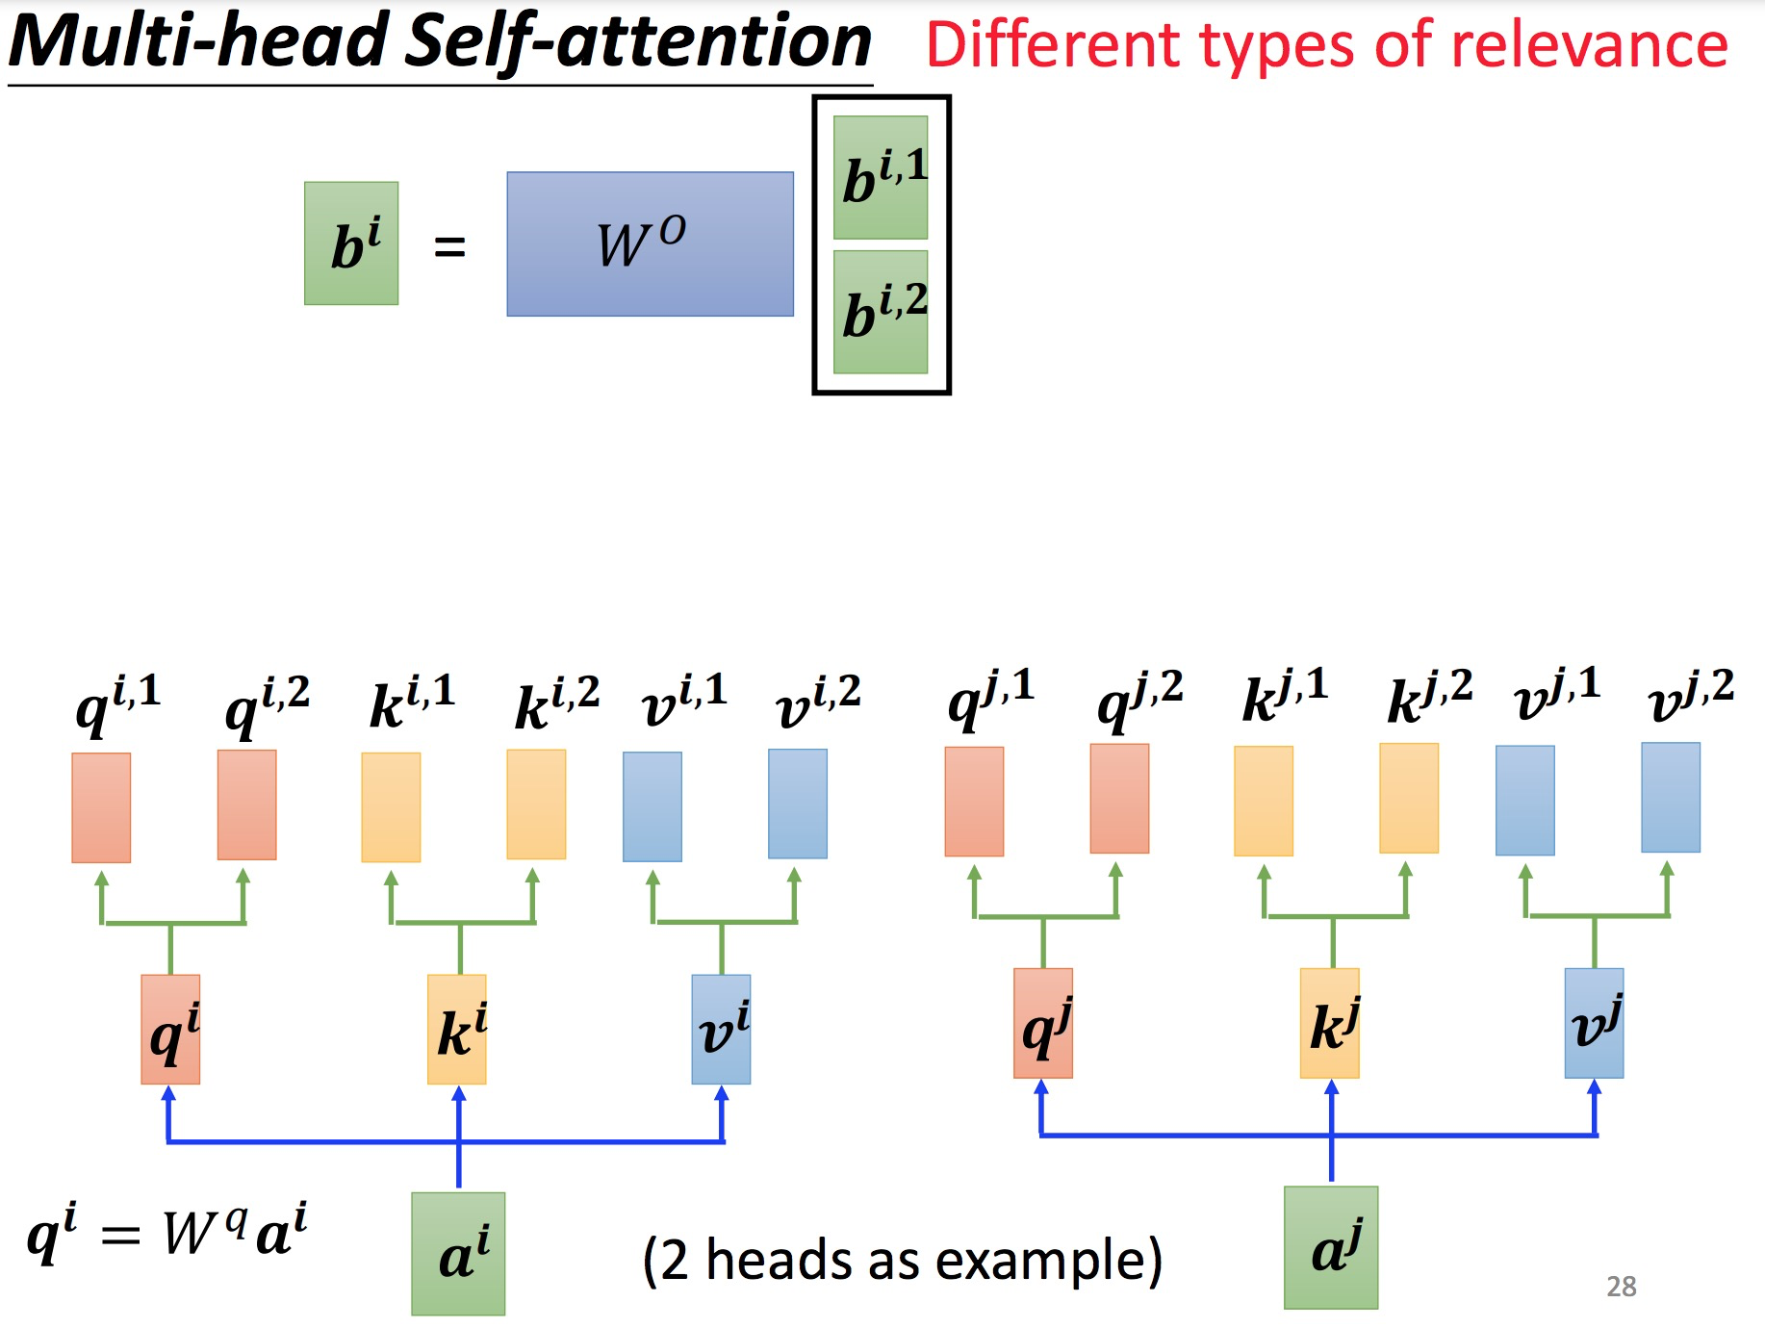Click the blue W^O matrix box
tap(650, 243)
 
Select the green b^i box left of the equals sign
tap(351, 243)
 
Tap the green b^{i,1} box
tap(881, 177)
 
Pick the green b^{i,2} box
tap(881, 312)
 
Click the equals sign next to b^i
tap(449, 247)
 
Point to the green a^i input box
tap(458, 1253)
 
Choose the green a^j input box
tap(1331, 1247)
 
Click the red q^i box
tap(170, 1029)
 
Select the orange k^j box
tap(1329, 1023)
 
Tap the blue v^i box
tap(721, 1029)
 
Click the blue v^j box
tap(1594, 1023)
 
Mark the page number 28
tap(1621, 1287)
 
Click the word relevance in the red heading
tap(1588, 45)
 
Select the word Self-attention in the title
tap(638, 41)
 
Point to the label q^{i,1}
tap(117, 702)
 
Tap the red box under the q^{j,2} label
tap(1119, 799)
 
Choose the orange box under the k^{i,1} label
tap(391, 806)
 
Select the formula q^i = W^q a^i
tap(166, 1232)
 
